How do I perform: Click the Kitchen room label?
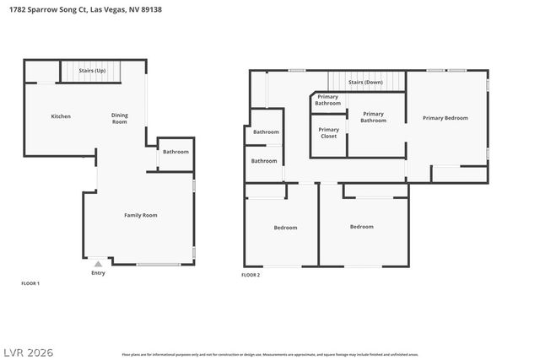coord(60,116)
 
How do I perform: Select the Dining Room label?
coord(120,118)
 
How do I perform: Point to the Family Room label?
coord(141,215)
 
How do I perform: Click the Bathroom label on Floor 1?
coord(175,152)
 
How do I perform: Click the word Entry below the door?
coord(99,272)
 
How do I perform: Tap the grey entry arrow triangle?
coord(98,264)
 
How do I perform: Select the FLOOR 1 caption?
coord(30,283)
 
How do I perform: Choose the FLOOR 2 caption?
coord(251,275)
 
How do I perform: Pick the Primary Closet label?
coord(328,133)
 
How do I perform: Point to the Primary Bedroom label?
coord(445,118)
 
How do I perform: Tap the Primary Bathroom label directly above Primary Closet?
coord(327,100)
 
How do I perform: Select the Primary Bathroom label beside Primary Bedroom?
coord(373,117)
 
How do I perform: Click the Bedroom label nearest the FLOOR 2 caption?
coord(285,227)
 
